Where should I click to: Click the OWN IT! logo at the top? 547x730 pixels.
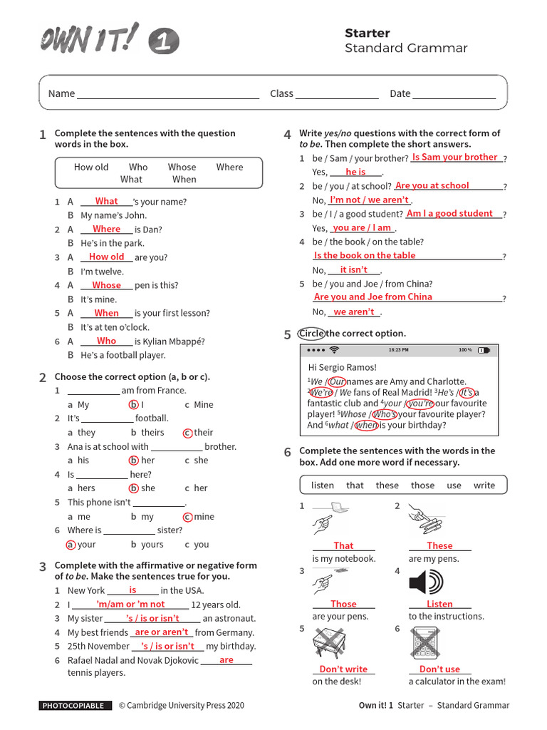[89, 38]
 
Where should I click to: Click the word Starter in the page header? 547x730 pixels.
[367, 33]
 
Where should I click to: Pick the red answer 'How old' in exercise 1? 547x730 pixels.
[107, 257]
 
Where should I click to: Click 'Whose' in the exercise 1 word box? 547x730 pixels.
[182, 168]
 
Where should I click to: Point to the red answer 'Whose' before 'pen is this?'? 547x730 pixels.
[107, 285]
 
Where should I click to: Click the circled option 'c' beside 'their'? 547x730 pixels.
[187, 433]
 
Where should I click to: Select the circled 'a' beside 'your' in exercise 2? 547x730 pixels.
[71, 545]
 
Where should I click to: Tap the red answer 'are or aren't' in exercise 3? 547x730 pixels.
[162, 632]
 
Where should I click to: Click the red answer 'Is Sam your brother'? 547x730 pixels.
[454, 157]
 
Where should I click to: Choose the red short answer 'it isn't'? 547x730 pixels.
[354, 269]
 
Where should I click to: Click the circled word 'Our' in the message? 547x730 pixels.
[336, 381]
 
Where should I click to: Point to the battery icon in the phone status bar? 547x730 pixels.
[484, 351]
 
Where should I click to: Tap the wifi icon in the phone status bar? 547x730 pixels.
[334, 351]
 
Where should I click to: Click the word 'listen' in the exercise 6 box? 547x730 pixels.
[323, 485]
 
